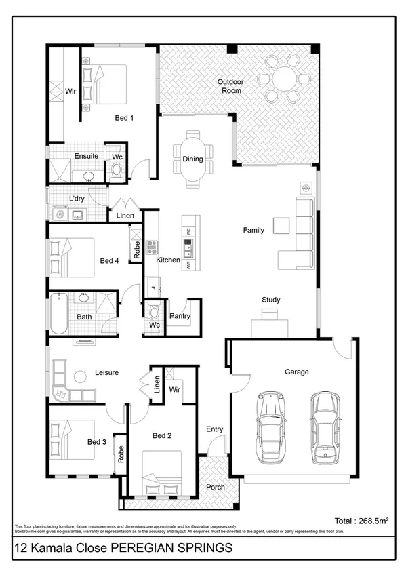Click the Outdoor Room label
[x=230, y=86]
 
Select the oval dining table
[x=192, y=159]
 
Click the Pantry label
[x=180, y=316]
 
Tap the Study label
[x=271, y=300]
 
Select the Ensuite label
[x=86, y=156]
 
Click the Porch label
[x=216, y=487]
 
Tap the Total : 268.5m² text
[x=361, y=521]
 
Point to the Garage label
[x=296, y=372]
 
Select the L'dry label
[x=77, y=199]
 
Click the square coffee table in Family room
[x=281, y=226]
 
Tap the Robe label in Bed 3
[x=121, y=454]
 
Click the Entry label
[x=215, y=429]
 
